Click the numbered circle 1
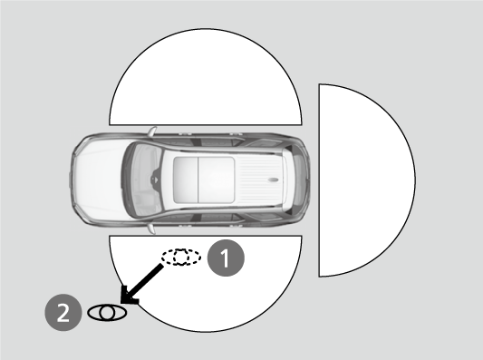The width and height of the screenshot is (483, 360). pos(227,258)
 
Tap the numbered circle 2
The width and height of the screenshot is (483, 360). pos(63,313)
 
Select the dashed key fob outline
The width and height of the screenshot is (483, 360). pos(181,258)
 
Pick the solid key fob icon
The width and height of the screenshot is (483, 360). pos(107,313)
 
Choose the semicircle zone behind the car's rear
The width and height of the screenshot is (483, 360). pos(362,181)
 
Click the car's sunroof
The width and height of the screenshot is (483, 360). pos(205,180)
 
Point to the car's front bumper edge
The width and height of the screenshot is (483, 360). pos(72,180)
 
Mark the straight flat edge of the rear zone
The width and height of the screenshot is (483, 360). pos(319,181)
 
